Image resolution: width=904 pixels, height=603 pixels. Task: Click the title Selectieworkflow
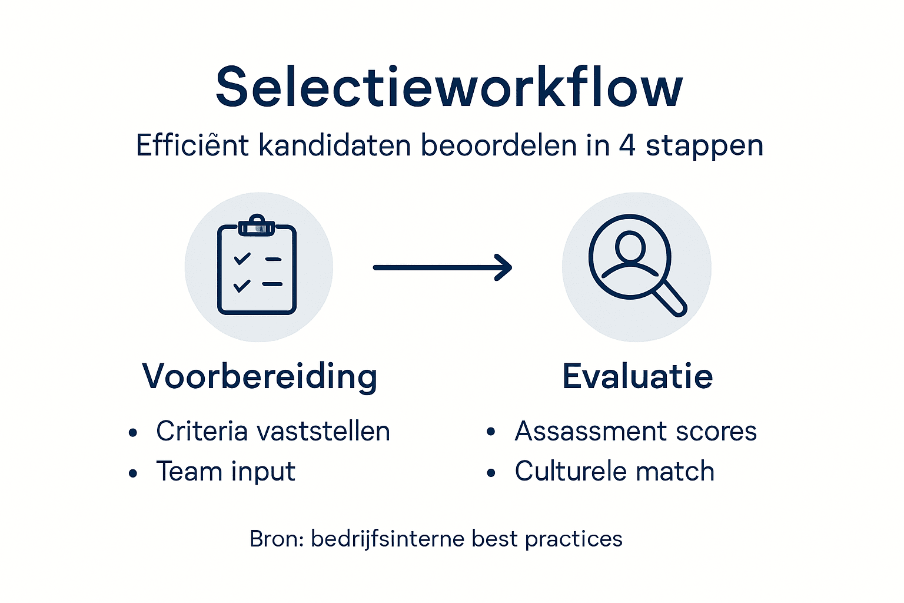coord(449,87)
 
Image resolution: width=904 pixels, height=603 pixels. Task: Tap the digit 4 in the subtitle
coord(627,145)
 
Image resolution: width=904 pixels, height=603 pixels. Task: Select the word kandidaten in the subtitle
coord(334,145)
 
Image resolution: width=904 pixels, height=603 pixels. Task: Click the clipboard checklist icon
coord(257,268)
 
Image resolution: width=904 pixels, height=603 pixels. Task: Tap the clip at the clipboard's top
coord(257,226)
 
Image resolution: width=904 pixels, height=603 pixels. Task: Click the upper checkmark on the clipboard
coord(242,259)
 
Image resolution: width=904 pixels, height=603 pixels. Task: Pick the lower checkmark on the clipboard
coord(242,286)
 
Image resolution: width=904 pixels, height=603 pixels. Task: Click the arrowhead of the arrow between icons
coord(503,267)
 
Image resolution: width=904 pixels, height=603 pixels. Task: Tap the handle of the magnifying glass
coord(671,299)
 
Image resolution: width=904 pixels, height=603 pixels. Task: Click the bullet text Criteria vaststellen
coord(273,431)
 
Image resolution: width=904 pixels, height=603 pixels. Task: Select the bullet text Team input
coord(225,471)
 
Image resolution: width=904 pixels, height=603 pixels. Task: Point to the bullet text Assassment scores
coord(636,431)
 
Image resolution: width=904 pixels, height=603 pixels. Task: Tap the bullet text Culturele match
coord(614,471)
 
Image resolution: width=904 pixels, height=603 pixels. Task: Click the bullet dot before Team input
coord(133,473)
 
